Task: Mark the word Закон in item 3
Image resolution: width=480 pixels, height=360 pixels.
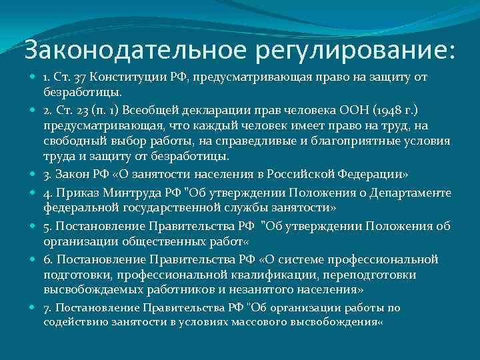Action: pos(72,175)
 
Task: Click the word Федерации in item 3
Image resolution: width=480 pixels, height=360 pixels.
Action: pos(373,175)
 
